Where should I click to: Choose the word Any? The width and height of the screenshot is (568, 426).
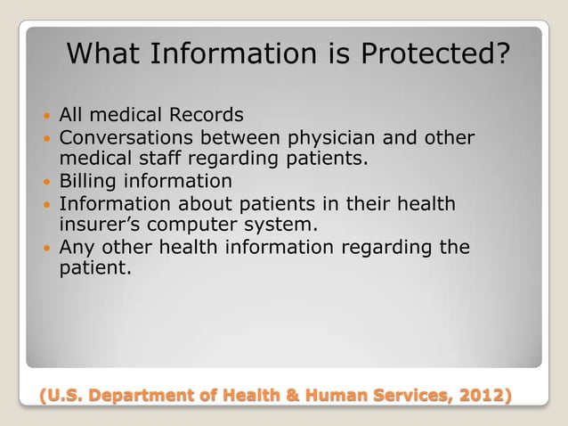(77, 247)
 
